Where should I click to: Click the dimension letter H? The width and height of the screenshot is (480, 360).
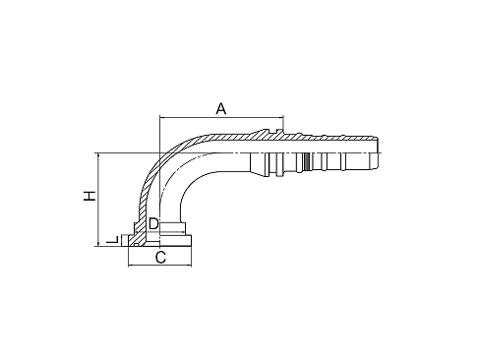90,196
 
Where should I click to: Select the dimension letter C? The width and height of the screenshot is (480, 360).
159,258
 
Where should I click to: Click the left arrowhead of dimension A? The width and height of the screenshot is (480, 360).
162,120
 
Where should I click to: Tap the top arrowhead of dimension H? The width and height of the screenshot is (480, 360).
98,156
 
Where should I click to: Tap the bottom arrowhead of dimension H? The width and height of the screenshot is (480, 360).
98,241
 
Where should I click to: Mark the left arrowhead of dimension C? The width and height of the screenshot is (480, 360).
131,267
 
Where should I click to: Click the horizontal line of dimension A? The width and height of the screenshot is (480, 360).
219,120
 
